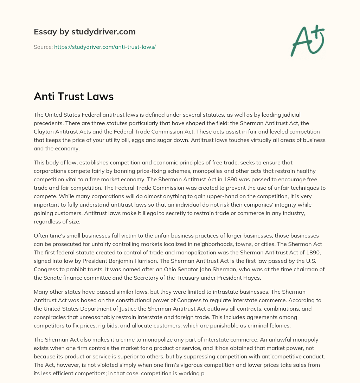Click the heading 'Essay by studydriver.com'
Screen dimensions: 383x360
pyautogui.click(x=85, y=32)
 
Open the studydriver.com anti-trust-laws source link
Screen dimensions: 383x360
pyautogui.click(x=105, y=47)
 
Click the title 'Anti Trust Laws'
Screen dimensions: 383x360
pyautogui.click(x=73, y=97)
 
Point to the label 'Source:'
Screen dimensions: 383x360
pyautogui.click(x=43, y=47)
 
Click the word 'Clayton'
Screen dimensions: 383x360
pyautogui.click(x=44, y=131)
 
